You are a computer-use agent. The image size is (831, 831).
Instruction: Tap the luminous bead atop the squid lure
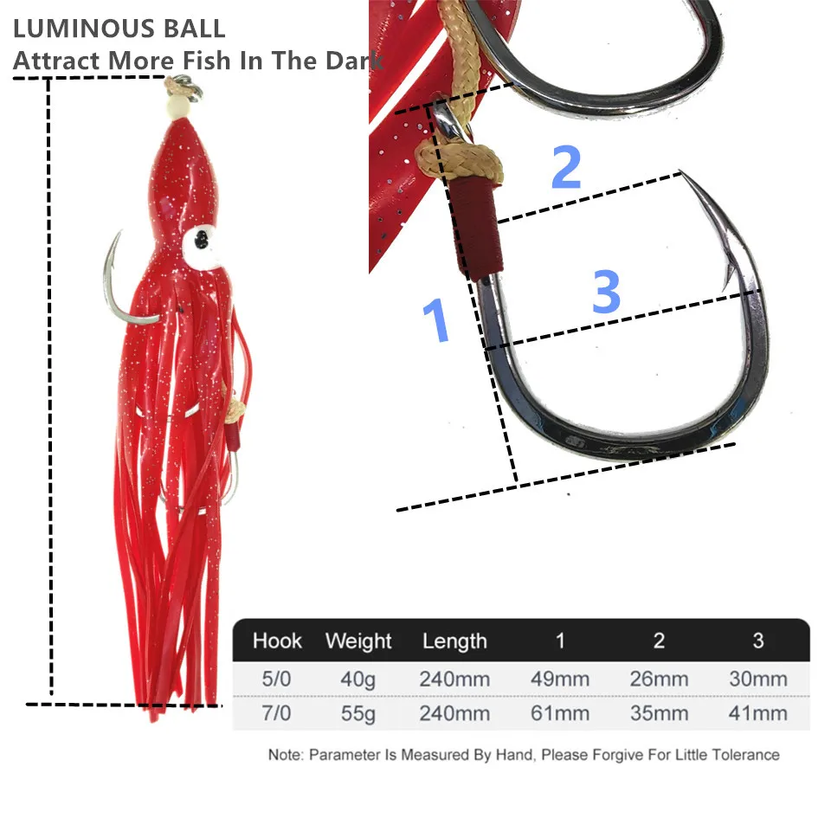pyautogui.click(x=177, y=107)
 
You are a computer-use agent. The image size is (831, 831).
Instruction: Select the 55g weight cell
pyautogui.click(x=358, y=714)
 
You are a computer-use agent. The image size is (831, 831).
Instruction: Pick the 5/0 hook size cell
pyautogui.click(x=276, y=679)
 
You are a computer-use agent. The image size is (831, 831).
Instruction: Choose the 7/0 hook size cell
pyautogui.click(x=276, y=713)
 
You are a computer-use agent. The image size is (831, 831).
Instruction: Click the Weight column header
pyautogui.click(x=358, y=641)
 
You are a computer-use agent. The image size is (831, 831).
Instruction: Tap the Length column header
pyautogui.click(x=454, y=641)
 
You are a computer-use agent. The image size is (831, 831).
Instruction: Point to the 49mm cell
pyautogui.click(x=560, y=679)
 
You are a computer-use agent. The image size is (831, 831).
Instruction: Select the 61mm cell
pyautogui.click(x=560, y=713)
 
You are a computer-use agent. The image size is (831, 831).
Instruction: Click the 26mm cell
pyautogui.click(x=659, y=679)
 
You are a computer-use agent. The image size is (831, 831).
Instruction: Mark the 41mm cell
pyautogui.click(x=758, y=713)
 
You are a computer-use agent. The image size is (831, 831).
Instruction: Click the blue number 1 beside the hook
pyautogui.click(x=436, y=319)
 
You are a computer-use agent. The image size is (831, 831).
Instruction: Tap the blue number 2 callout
pyautogui.click(x=566, y=166)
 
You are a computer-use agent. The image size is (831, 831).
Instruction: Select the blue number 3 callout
pyautogui.click(x=606, y=291)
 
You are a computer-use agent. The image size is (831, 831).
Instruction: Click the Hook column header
pyautogui.click(x=277, y=641)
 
